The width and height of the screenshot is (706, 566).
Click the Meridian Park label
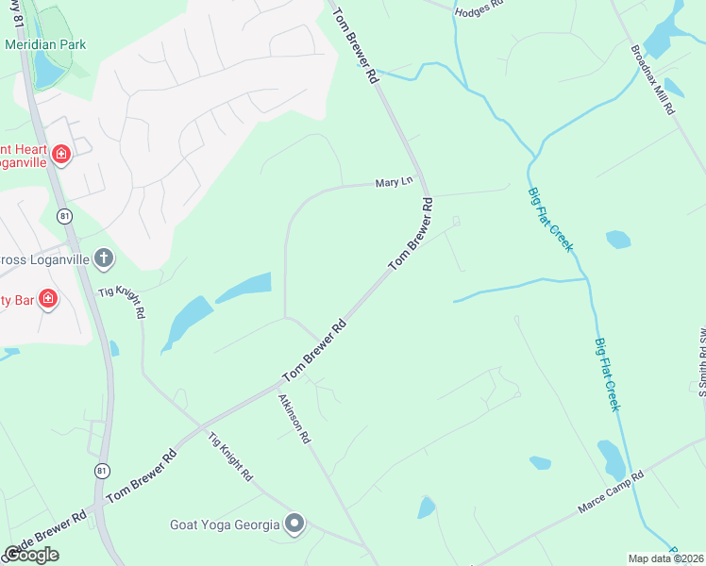(x=45, y=44)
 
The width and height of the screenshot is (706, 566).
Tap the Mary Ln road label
(x=395, y=182)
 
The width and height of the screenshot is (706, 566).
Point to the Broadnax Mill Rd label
(x=653, y=81)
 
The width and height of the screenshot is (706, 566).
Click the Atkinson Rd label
(x=294, y=418)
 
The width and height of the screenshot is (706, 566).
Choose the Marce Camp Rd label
(x=610, y=493)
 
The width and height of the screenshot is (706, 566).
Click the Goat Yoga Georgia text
(x=225, y=524)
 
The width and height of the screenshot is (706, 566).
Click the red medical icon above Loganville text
(x=61, y=154)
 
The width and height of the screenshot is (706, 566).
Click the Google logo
(x=31, y=555)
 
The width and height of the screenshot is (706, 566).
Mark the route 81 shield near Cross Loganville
(x=64, y=217)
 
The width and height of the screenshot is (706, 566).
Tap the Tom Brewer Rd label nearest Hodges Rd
(x=354, y=46)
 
